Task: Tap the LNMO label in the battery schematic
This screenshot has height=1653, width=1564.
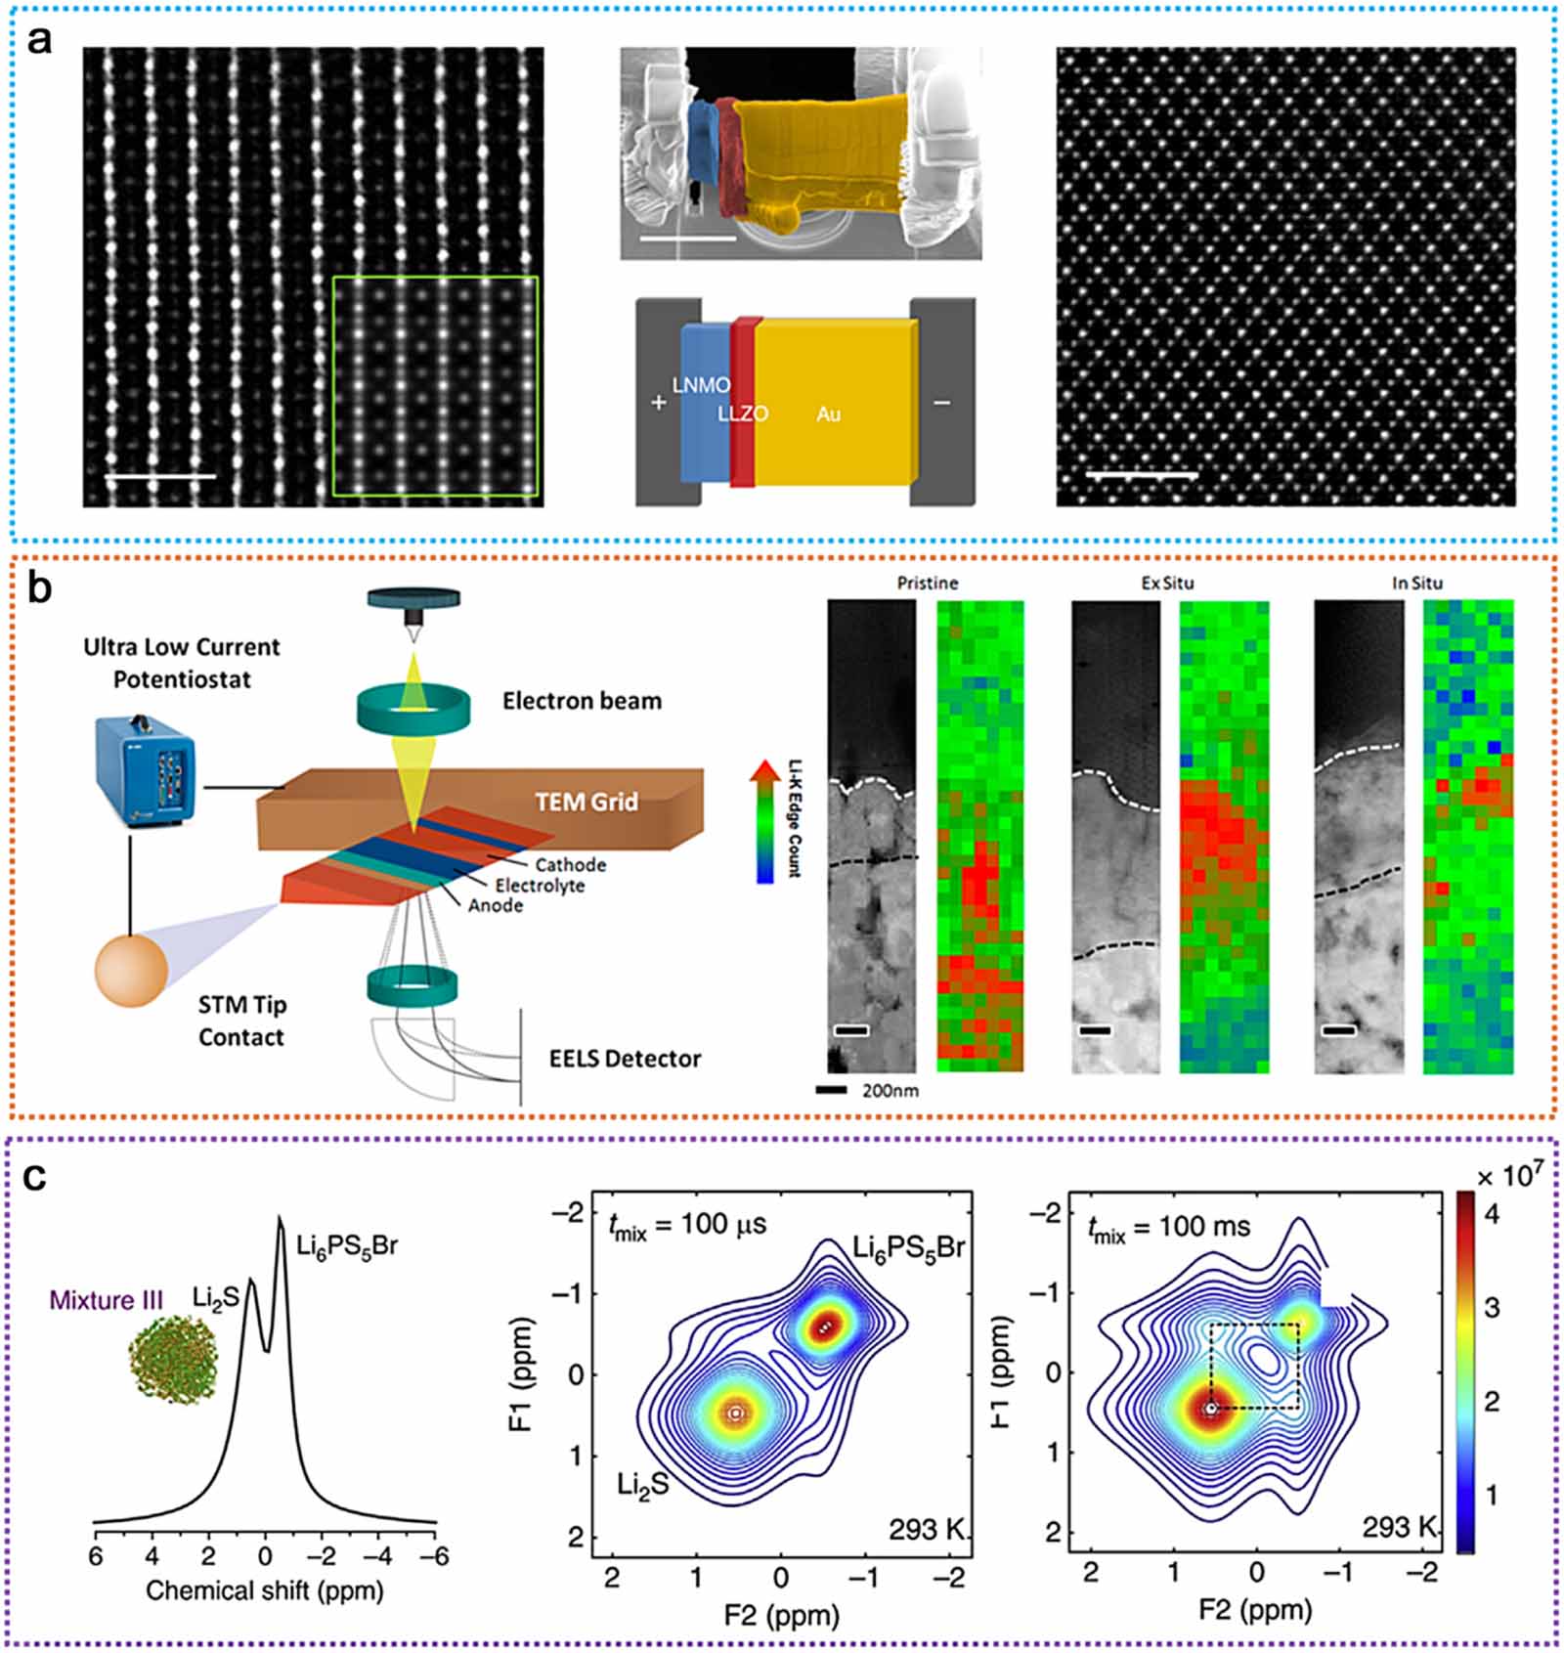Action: click(701, 385)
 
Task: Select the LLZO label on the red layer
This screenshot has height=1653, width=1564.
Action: click(743, 413)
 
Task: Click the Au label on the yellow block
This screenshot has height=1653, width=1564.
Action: click(828, 414)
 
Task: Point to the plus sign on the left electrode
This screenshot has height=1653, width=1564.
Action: click(659, 402)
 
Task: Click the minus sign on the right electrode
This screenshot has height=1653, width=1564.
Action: click(941, 402)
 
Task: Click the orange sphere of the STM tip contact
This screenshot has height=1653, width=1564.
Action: click(131, 970)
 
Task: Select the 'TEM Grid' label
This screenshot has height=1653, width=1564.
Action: click(586, 802)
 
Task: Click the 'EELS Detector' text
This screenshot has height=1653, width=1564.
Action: click(625, 1059)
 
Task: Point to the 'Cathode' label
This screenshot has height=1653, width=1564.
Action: click(571, 864)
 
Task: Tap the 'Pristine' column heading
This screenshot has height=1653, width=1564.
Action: click(928, 584)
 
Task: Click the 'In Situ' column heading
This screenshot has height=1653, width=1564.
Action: click(1417, 584)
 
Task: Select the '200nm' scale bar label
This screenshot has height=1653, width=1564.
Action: click(890, 1090)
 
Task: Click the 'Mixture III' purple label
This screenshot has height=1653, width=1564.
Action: click(107, 1300)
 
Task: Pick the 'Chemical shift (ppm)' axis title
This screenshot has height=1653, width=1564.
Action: click(265, 1590)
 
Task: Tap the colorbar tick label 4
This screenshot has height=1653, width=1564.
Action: click(1492, 1215)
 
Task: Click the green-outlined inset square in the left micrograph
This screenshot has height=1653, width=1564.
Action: click(435, 386)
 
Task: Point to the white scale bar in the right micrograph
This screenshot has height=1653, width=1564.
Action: click(1142, 475)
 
